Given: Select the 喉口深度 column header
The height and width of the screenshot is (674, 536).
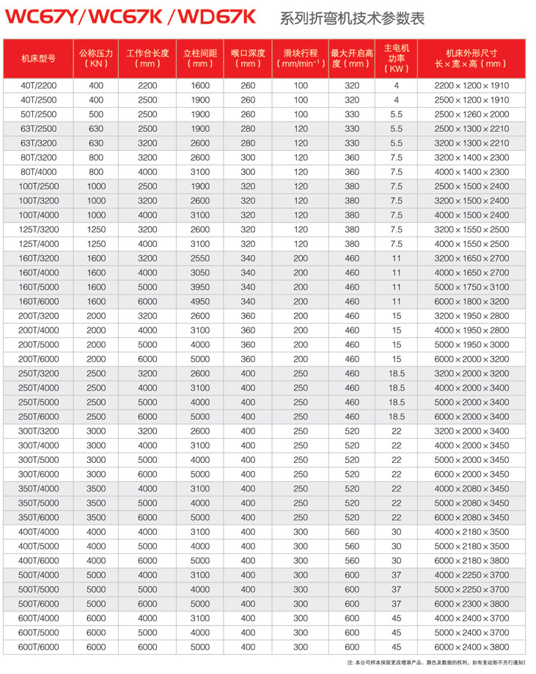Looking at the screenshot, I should point(248,58).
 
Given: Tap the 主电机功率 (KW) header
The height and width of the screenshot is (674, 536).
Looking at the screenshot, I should point(396,58).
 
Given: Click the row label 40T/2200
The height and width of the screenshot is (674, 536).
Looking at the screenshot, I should point(38,86).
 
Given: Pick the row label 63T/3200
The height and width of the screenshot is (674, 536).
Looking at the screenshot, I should point(38,143).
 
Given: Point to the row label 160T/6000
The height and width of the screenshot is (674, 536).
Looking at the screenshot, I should point(38,301).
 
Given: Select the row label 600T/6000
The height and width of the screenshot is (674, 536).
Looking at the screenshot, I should point(38,647).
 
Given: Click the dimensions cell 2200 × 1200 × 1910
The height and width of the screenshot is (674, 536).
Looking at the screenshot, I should point(471,86).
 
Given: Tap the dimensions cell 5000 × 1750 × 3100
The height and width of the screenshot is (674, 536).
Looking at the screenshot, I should point(471,287).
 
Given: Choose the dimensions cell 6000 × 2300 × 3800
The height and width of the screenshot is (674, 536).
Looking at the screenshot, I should point(471,604).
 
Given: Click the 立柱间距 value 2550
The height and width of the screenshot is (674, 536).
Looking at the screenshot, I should point(199,258).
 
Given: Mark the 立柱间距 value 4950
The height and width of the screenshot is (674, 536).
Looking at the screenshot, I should point(199,301).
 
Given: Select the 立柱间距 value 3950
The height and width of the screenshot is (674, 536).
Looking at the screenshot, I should point(199,287).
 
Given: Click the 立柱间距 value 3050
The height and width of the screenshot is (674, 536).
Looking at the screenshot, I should point(199,273).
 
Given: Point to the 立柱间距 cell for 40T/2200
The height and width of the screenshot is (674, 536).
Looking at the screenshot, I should point(199,86).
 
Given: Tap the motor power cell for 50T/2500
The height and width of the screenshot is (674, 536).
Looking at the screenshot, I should point(396,114).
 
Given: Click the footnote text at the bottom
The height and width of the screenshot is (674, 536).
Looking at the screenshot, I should point(440,663).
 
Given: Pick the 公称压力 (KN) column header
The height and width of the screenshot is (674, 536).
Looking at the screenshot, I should point(96,58).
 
